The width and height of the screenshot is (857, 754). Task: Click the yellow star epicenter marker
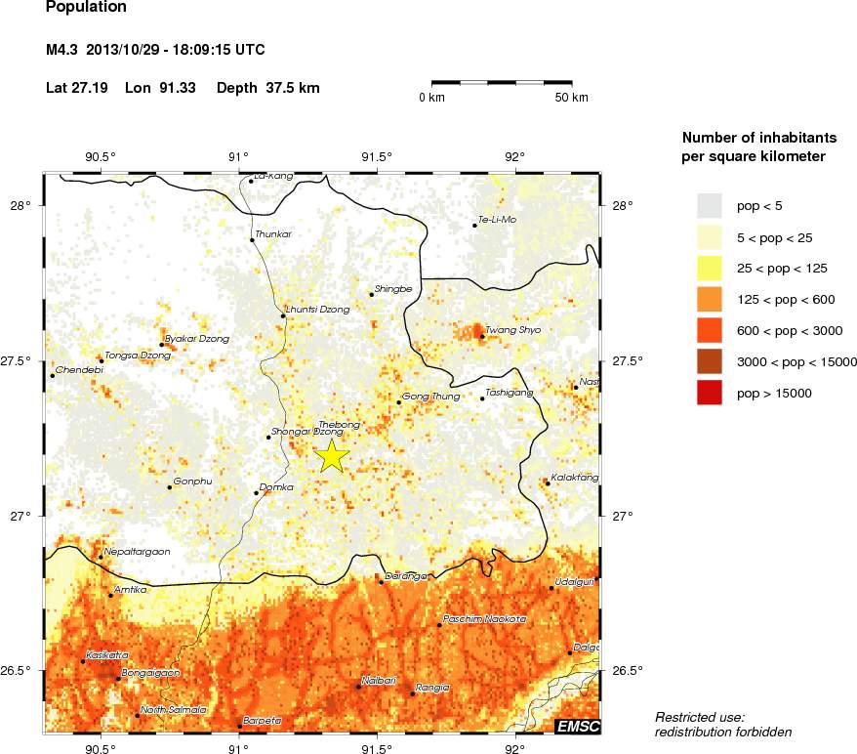[332, 456]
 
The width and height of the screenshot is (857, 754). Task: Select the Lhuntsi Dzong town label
[317, 310]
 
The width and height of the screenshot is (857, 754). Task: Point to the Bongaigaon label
[148, 674]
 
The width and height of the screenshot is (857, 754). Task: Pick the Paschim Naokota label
[484, 619]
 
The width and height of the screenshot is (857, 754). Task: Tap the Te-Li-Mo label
[498, 220]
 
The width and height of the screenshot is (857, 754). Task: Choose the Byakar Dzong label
[197, 339]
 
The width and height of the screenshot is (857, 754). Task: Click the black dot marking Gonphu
[170, 486]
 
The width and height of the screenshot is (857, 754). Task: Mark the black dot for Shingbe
[372, 294]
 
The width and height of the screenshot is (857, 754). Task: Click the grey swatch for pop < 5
[710, 205]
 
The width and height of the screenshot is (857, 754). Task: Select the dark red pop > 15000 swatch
[710, 393]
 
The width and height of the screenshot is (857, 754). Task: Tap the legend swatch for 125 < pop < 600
[710, 299]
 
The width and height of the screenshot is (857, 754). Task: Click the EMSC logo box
[578, 726]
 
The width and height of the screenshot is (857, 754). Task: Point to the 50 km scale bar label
[571, 98]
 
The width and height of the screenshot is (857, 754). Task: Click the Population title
[86, 8]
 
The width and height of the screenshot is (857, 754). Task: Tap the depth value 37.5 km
[293, 88]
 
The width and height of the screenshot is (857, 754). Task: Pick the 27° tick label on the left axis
[21, 517]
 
